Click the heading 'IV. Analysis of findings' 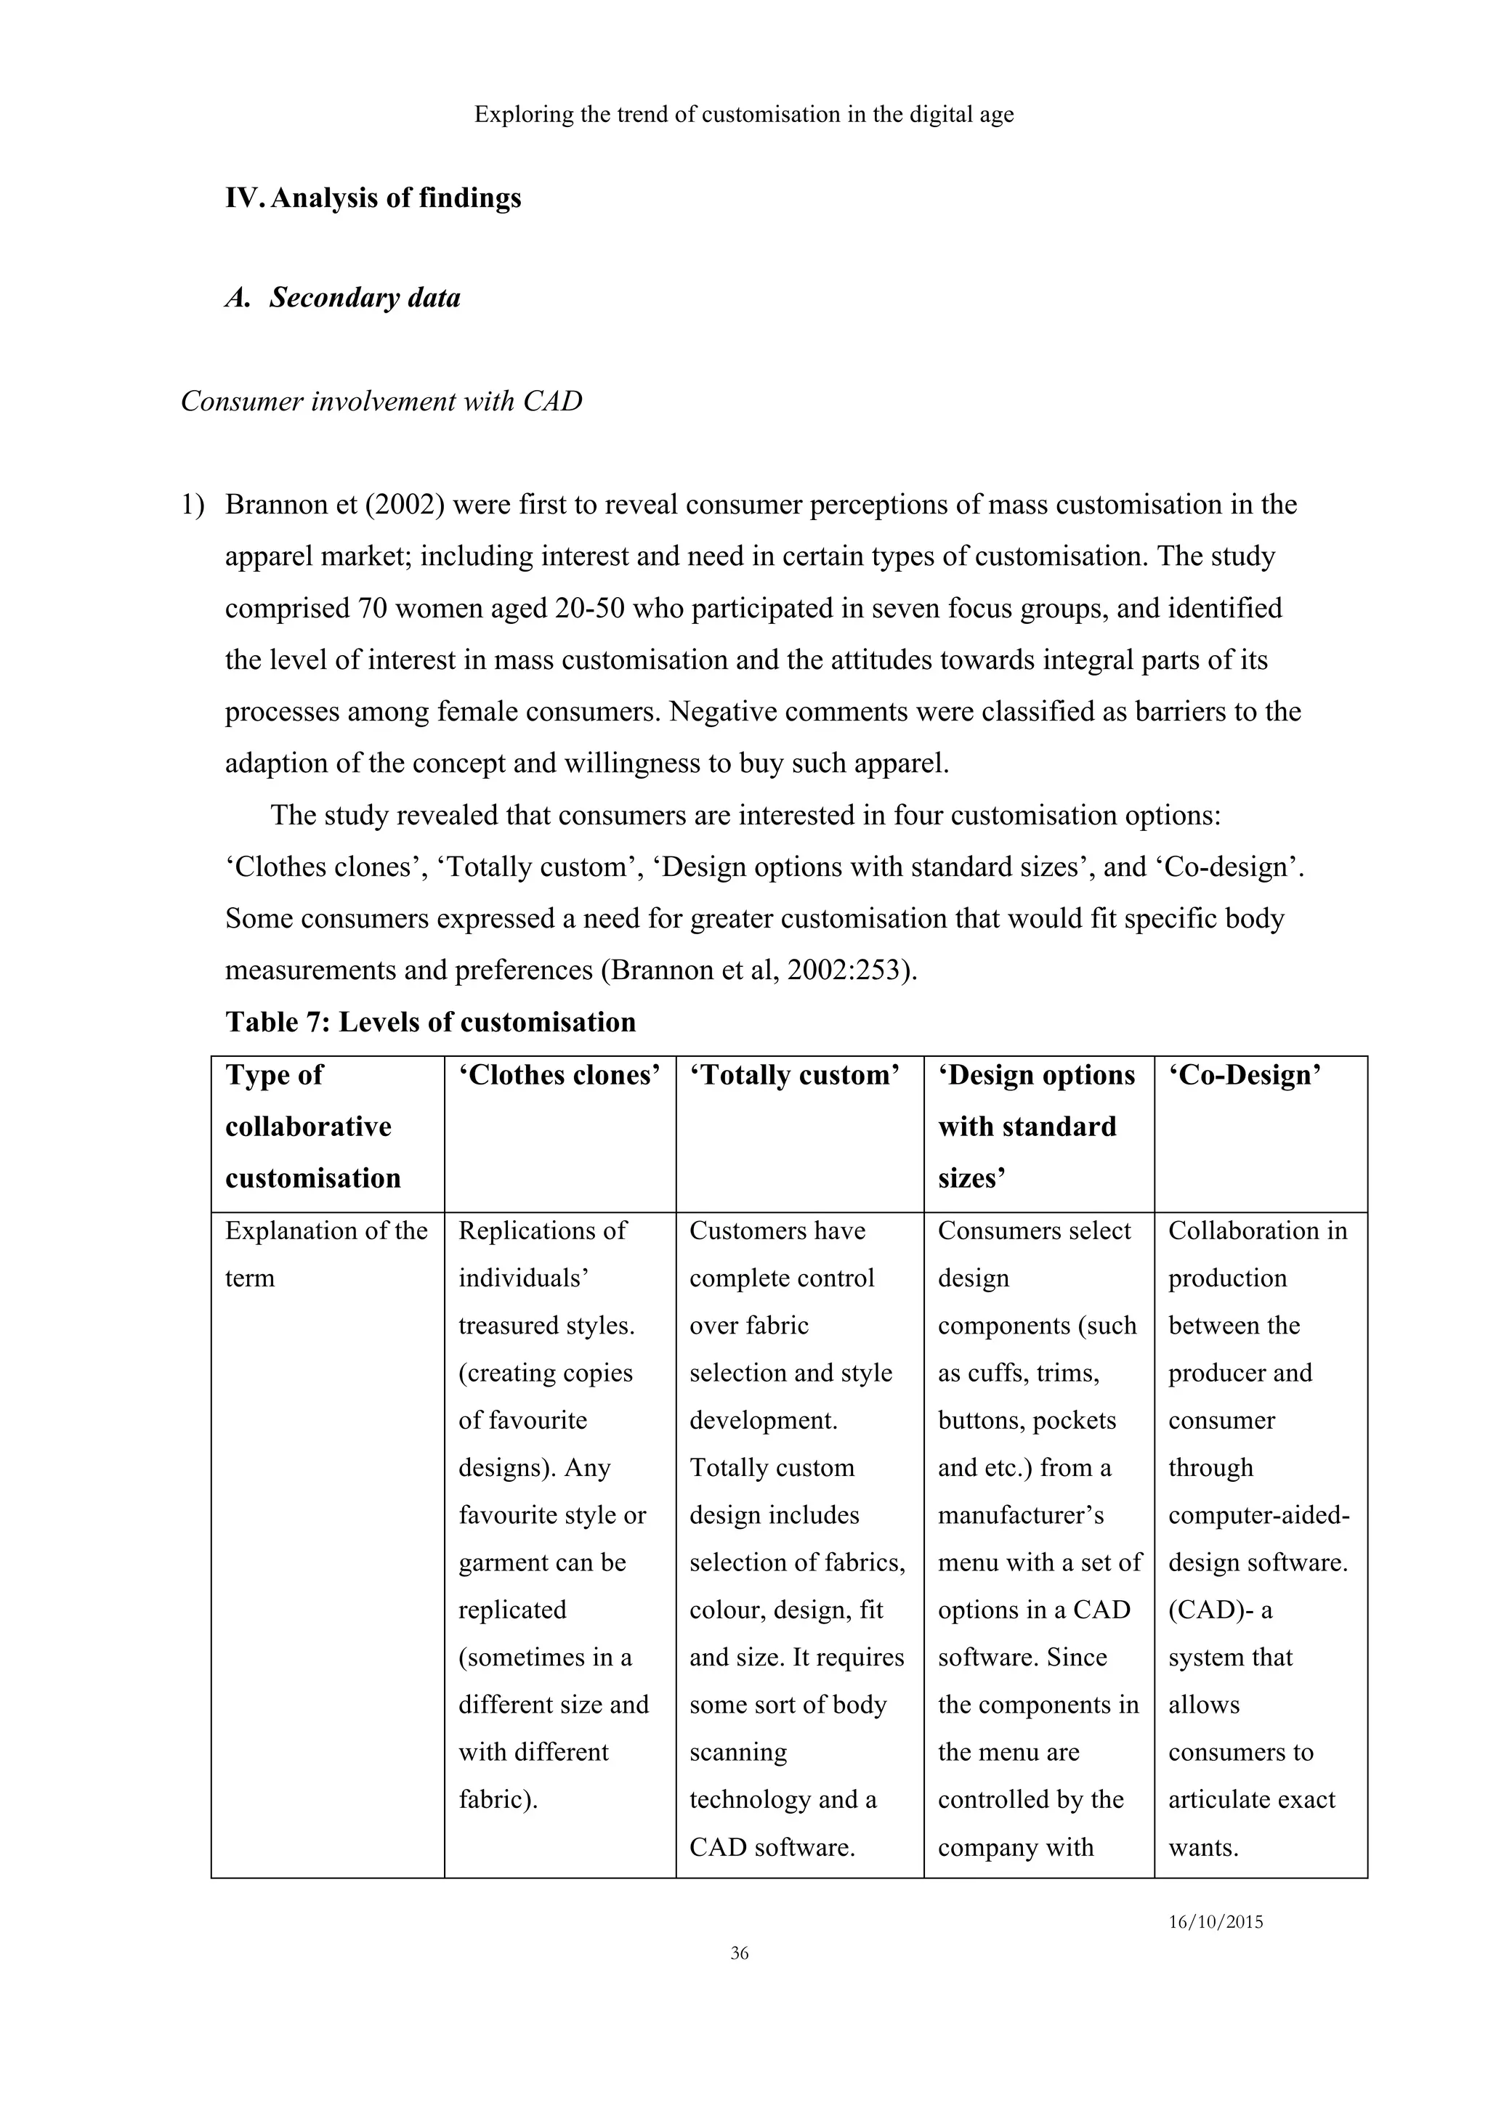(x=373, y=198)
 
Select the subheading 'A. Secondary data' (x=343, y=298)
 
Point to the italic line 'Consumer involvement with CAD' (x=381, y=402)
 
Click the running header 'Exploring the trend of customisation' (x=743, y=115)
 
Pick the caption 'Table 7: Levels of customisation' (x=430, y=1022)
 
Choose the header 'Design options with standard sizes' (x=1035, y=1126)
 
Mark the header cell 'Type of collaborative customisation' (x=312, y=1126)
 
